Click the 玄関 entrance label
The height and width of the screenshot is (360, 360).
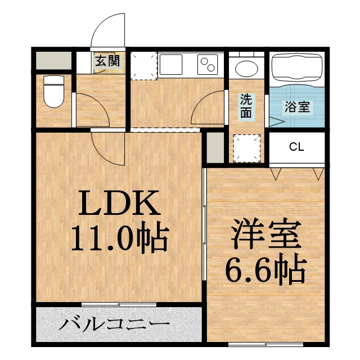tap(106, 61)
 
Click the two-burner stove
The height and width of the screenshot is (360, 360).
tap(209, 65)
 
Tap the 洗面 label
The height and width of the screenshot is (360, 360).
tap(247, 106)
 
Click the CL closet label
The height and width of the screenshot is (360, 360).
tap(296, 147)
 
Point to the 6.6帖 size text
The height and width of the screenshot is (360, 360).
tap(264, 272)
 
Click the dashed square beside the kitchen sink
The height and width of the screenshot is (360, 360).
tap(144, 65)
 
